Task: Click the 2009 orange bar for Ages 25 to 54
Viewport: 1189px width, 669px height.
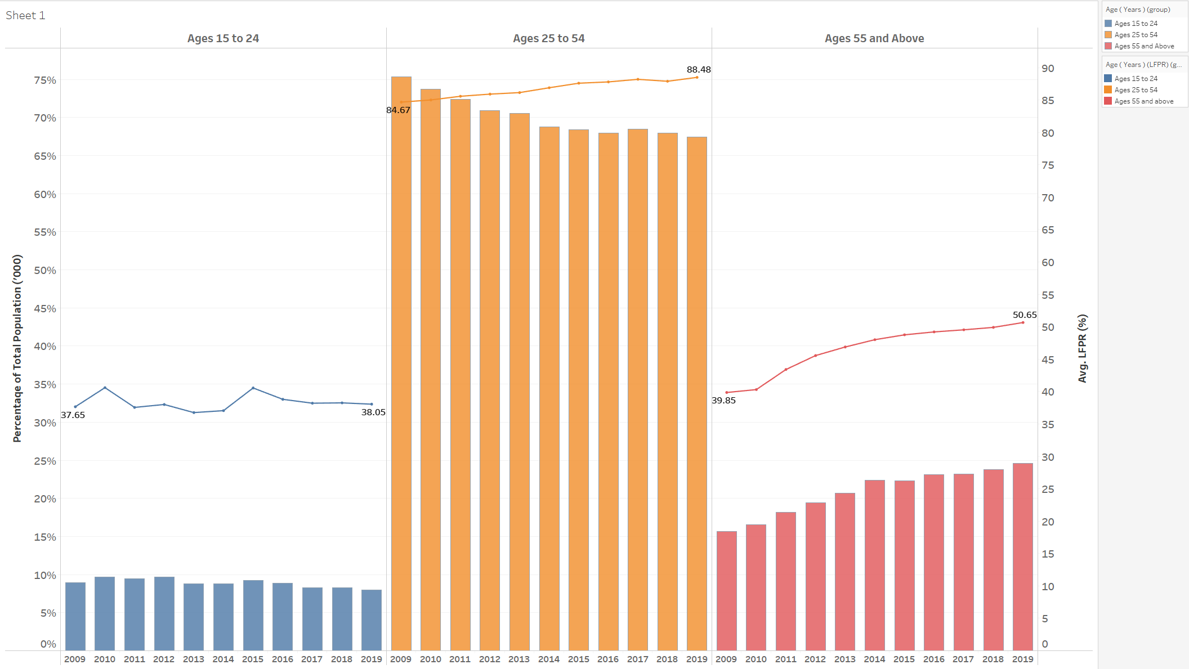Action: (401, 366)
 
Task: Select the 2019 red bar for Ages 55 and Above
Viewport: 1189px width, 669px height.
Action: (1022, 557)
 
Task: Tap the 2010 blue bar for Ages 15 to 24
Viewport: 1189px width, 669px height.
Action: (105, 613)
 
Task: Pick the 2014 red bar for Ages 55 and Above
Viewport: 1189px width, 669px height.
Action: (874, 565)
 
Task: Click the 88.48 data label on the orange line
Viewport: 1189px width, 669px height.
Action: (699, 70)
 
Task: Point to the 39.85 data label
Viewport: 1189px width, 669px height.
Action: (723, 401)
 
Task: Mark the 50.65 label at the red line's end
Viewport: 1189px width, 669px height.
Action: (1025, 315)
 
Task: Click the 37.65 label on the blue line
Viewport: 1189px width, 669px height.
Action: (73, 415)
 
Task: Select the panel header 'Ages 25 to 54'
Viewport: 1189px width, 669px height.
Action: (548, 38)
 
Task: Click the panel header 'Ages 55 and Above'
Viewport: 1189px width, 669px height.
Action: (874, 38)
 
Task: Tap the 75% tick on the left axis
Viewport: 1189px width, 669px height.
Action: (45, 80)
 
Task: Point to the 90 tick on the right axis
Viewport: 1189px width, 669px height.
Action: (1048, 69)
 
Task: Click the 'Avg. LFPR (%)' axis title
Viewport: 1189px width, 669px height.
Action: (1082, 348)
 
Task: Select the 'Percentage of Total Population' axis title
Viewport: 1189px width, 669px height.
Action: (17, 348)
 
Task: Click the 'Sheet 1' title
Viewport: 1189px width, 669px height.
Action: (25, 16)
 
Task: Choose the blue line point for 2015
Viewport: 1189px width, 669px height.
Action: (253, 388)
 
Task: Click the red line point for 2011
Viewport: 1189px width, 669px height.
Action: (785, 370)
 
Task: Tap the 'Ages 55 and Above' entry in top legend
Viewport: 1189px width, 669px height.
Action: (1144, 46)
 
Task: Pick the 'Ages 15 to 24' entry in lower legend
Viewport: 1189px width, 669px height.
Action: (1136, 79)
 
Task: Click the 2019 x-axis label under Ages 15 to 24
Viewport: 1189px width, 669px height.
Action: (372, 659)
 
